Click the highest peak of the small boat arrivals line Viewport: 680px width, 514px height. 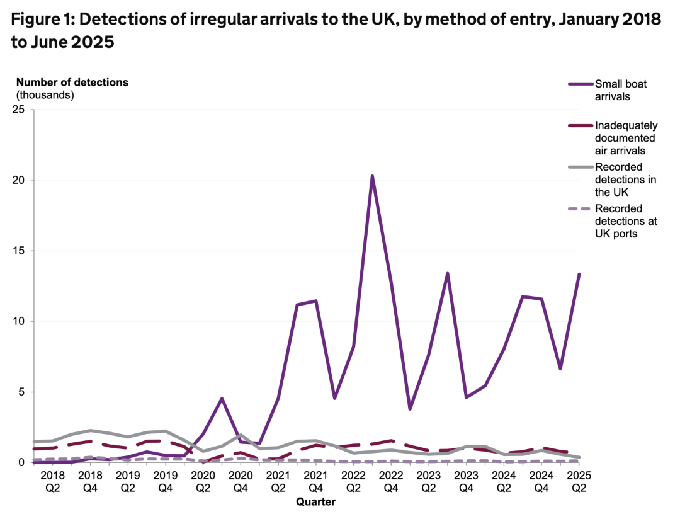click(x=372, y=176)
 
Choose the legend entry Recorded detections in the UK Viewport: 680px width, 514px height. click(x=625, y=180)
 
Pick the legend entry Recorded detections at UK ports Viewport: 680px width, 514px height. click(x=625, y=221)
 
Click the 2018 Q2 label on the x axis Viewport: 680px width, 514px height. click(x=53, y=481)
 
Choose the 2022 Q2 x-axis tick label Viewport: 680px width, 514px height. click(x=354, y=481)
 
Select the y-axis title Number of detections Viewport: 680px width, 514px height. click(x=72, y=83)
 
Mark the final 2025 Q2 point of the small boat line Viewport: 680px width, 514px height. click(x=579, y=275)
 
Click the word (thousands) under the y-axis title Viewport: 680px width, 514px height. click(x=45, y=95)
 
